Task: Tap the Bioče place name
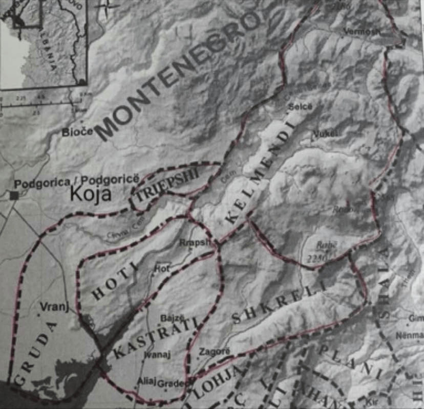pyautogui.click(x=77, y=132)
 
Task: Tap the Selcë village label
pyautogui.click(x=300, y=107)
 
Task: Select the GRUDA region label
pyautogui.click(x=35, y=353)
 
